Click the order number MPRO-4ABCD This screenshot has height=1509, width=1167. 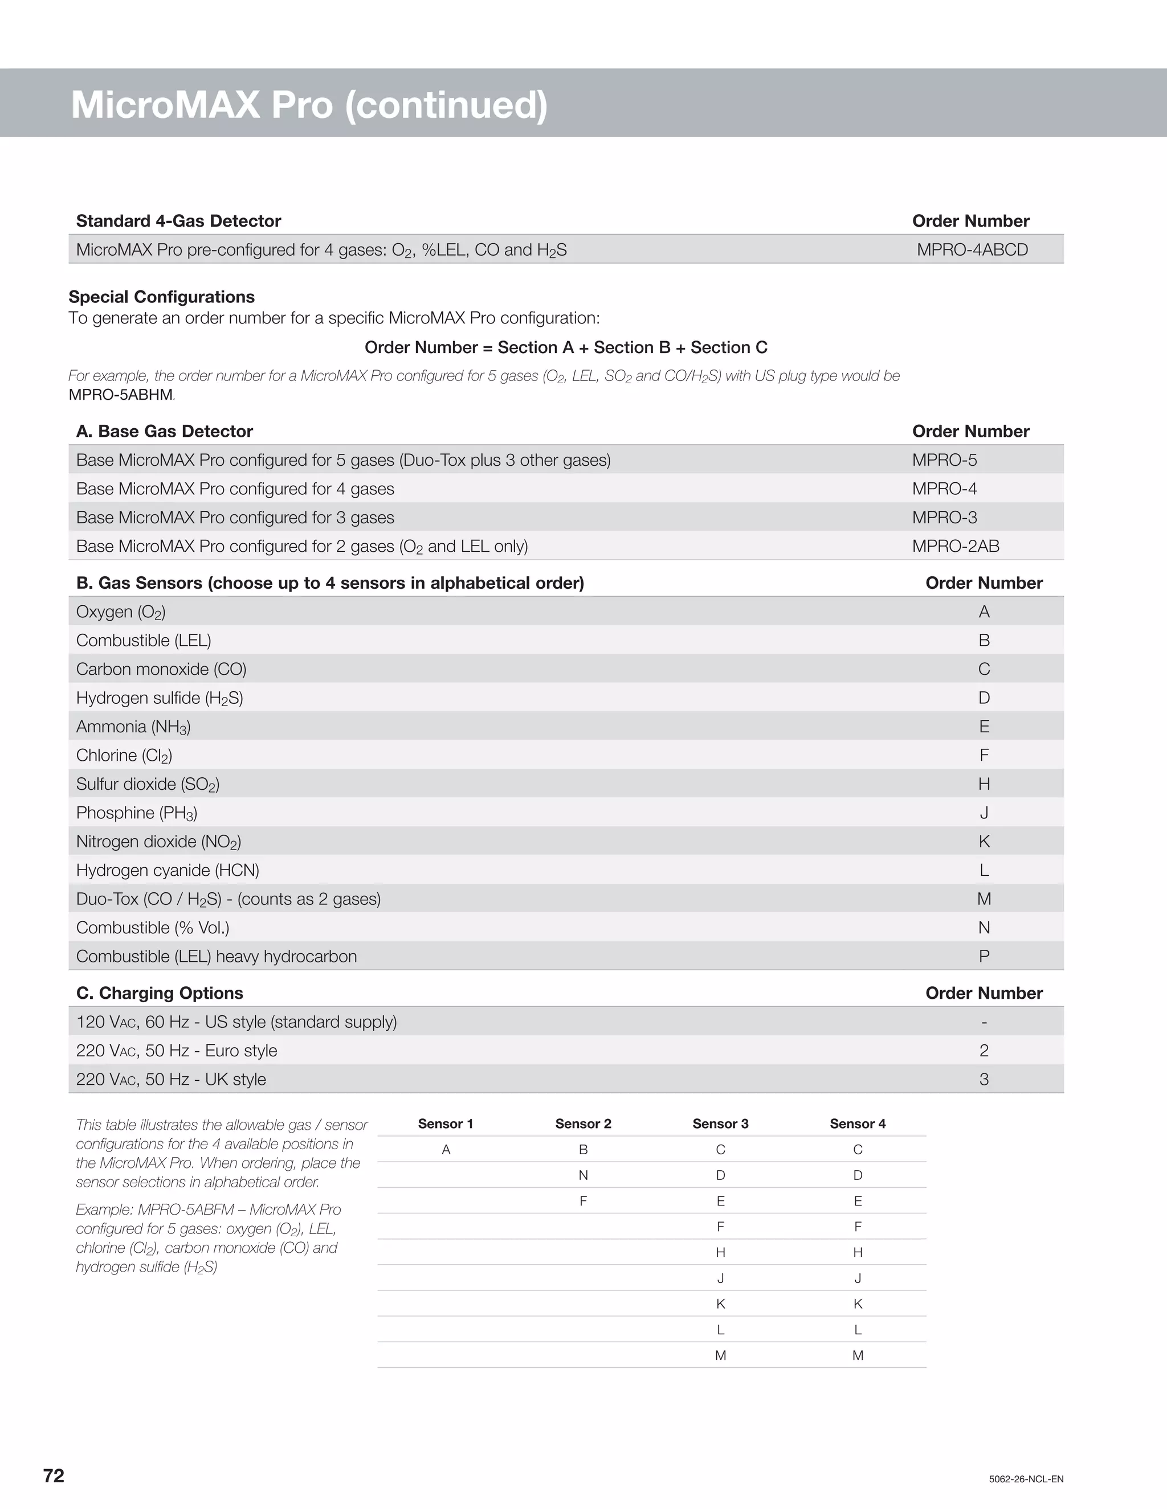coord(972,249)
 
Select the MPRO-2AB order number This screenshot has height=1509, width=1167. coord(956,546)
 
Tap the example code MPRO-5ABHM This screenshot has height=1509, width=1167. coord(121,395)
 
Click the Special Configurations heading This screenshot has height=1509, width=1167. coord(162,297)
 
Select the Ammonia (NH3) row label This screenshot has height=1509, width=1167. coord(133,726)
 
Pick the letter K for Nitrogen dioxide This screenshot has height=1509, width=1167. coord(984,841)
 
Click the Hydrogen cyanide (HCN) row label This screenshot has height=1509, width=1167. coord(168,870)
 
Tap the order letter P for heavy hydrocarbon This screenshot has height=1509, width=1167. coord(984,956)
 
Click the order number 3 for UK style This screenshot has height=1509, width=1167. coord(984,1079)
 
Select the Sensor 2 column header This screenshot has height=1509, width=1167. coord(583,1123)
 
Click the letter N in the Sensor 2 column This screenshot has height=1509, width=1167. coord(583,1175)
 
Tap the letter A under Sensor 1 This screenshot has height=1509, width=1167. coord(446,1149)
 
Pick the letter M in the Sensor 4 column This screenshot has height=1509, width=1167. coord(857,1355)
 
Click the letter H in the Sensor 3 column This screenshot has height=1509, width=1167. coord(720,1252)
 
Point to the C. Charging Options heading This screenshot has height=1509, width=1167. coord(160,993)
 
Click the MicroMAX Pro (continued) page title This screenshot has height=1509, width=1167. coord(309,104)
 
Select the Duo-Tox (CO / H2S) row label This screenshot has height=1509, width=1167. coord(228,899)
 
